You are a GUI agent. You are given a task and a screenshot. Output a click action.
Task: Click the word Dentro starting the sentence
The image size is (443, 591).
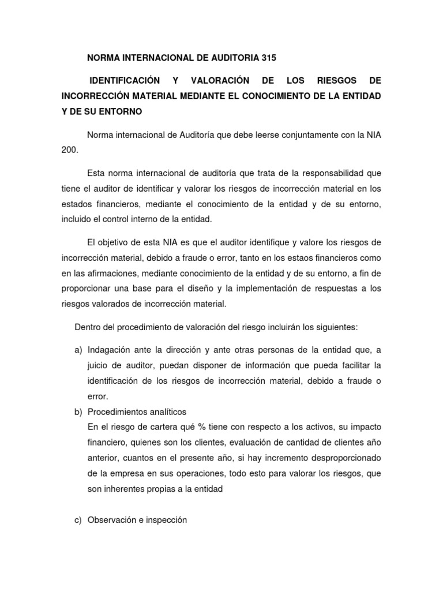(x=88, y=327)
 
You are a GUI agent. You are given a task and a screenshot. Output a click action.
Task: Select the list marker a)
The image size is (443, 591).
(x=79, y=350)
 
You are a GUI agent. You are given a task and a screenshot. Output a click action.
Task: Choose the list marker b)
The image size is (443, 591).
(x=79, y=411)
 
